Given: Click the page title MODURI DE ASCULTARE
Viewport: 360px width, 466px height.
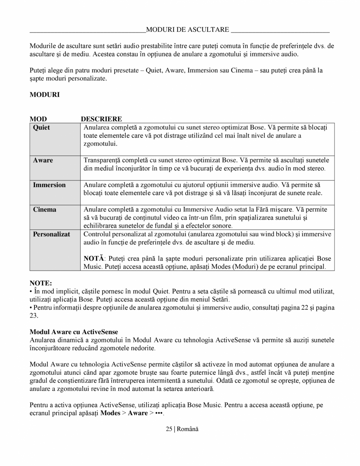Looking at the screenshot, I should tap(187, 30).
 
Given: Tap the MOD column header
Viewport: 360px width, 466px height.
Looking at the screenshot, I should tap(38, 119).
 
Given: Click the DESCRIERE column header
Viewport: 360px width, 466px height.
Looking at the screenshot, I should tap(101, 119).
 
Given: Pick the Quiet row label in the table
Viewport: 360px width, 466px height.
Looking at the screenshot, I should tap(41, 128).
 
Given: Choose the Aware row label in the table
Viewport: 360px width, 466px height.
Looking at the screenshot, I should tap(43, 160).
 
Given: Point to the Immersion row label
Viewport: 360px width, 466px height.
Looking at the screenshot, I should tap(49, 185).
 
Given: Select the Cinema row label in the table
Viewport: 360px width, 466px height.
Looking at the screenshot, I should tap(44, 210).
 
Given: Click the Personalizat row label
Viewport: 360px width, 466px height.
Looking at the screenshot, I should tap(51, 234).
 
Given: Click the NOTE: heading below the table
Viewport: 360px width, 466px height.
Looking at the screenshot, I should tap(41, 282).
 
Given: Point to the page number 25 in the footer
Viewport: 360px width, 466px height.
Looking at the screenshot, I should tap(169, 429).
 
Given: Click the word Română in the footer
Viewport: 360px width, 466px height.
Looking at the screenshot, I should tap(188, 429).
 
